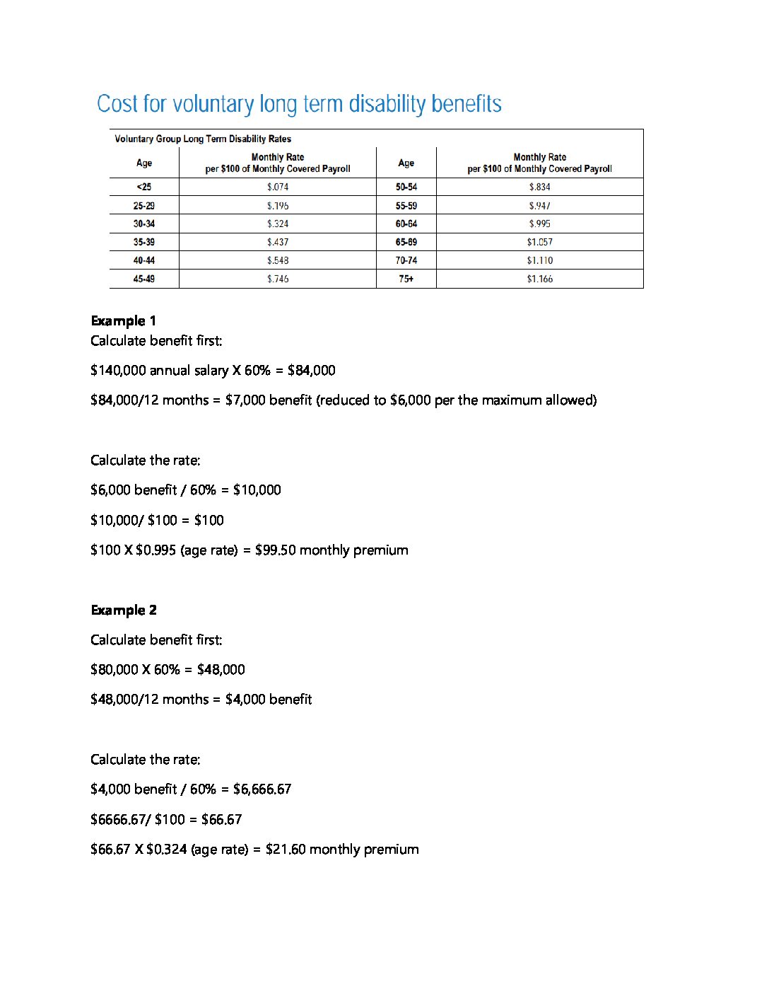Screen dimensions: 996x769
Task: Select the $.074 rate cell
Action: [278, 187]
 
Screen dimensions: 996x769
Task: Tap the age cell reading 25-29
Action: [144, 206]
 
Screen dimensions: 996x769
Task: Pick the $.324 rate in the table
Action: [278, 224]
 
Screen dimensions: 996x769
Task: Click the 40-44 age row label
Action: [144, 260]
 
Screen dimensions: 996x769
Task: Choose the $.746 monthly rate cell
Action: [278, 279]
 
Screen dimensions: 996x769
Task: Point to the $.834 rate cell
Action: [539, 187]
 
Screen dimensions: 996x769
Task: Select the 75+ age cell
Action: [406, 279]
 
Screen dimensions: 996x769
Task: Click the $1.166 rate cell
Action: [539, 279]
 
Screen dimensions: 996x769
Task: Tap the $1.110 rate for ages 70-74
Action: [539, 260]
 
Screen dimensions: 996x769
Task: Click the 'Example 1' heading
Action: [124, 320]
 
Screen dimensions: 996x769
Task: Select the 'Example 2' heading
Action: [124, 610]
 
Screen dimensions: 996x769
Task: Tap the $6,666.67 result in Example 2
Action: [262, 789]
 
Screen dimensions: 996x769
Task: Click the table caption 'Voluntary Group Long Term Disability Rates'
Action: [203, 139]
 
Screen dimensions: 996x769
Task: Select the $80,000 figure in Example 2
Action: [115, 669]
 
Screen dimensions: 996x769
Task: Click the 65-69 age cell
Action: [406, 242]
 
